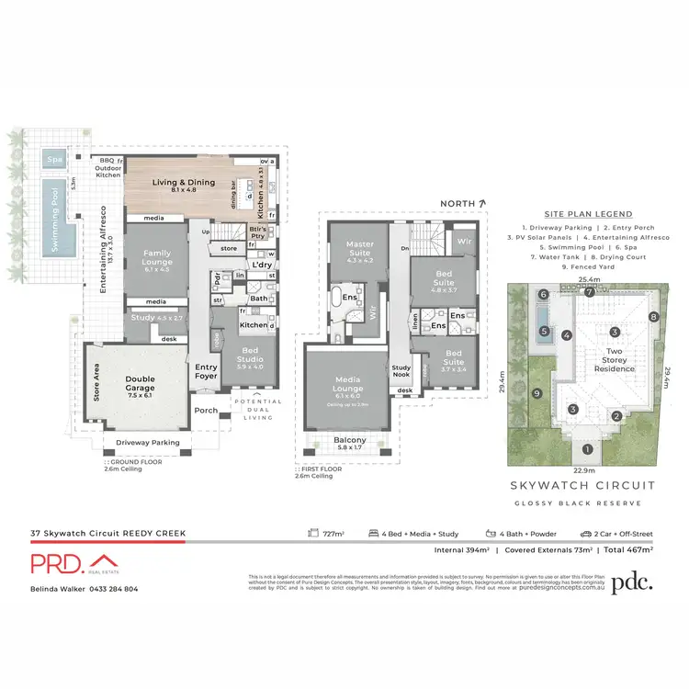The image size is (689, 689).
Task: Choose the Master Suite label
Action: [354, 248]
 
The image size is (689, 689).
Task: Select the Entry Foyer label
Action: [207, 370]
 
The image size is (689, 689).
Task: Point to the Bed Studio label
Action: [251, 354]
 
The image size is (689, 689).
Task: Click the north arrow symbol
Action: [481, 202]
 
